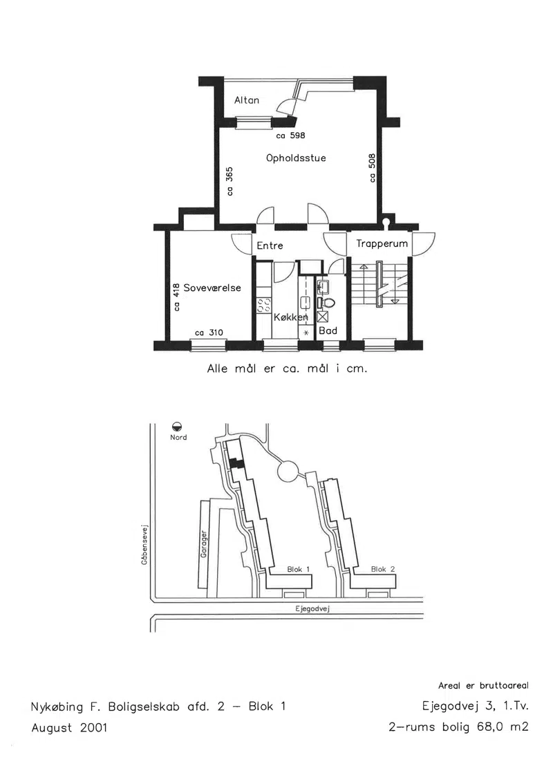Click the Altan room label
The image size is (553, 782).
(247, 100)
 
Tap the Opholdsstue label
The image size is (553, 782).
(296, 158)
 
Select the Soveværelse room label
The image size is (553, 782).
(212, 288)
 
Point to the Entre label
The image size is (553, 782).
(270, 245)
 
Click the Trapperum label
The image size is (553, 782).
(382, 244)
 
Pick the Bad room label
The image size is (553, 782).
(328, 331)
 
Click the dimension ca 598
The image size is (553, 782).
(291, 136)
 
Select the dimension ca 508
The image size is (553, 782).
(372, 168)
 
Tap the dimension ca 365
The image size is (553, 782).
(229, 181)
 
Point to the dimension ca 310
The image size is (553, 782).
(209, 333)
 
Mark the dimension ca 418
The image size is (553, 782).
(176, 297)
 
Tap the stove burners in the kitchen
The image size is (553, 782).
(263, 305)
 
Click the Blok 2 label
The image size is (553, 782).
(383, 569)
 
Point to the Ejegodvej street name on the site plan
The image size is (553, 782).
(312, 608)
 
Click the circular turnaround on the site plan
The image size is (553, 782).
(288, 472)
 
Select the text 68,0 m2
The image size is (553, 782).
(503, 727)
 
